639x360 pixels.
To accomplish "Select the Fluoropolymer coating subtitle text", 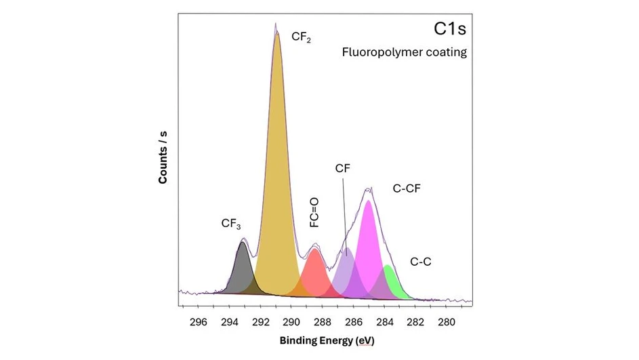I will point(404,52).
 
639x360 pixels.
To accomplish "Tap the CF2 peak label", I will point(301,37).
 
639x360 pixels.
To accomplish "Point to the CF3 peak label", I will point(231,223).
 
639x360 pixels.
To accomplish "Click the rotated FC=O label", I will point(315,212).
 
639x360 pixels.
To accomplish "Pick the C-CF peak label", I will point(407,188).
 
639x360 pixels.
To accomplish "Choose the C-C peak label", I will point(421,261).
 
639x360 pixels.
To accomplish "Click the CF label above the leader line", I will point(343,169).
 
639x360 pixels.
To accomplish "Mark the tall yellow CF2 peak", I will point(277,169).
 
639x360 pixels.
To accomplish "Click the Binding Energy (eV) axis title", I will point(327,340).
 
